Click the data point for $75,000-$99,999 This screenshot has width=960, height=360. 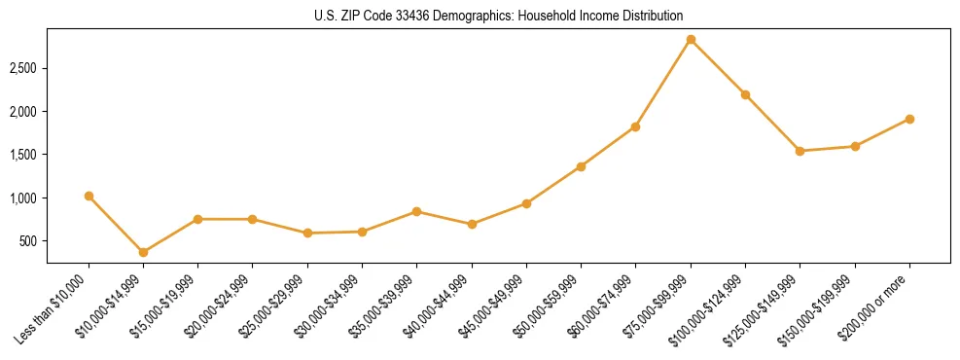(x=691, y=40)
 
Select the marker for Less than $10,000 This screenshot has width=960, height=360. (x=89, y=196)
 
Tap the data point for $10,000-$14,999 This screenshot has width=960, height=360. (x=143, y=252)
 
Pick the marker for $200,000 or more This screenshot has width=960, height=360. (x=909, y=119)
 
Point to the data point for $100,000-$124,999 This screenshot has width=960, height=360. (x=745, y=94)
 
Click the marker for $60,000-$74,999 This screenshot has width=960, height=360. (x=635, y=126)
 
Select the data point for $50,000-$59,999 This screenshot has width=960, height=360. (x=581, y=166)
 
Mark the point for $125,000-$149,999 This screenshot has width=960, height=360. (x=800, y=151)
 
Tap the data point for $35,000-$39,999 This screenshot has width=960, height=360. (x=416, y=211)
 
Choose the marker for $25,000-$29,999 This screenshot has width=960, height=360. (x=307, y=234)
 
